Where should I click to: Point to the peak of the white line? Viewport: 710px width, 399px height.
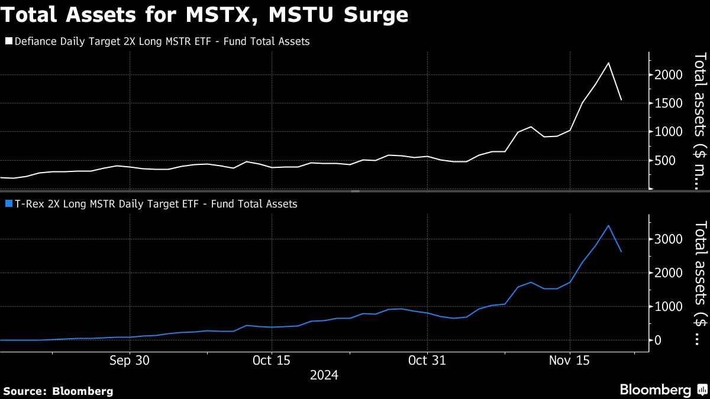coord(608,63)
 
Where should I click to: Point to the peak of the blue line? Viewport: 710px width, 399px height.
coord(608,225)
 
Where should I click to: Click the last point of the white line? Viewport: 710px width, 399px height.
coord(621,100)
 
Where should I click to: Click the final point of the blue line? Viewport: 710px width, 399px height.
coord(621,252)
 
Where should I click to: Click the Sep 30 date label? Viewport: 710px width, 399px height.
coord(130,360)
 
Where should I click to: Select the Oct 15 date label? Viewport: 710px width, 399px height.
coord(271,360)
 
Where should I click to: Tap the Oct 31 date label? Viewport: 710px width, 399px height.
coord(427,360)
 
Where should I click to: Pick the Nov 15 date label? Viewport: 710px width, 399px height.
coord(569,360)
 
